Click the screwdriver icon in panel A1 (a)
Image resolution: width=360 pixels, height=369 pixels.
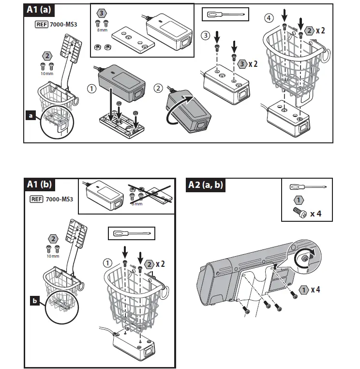click(224, 15)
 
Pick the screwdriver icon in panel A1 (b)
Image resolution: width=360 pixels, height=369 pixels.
click(131, 233)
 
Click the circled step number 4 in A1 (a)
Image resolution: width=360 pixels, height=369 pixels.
click(269, 18)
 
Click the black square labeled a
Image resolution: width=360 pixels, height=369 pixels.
click(31, 116)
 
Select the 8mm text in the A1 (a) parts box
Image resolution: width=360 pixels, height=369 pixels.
click(102, 31)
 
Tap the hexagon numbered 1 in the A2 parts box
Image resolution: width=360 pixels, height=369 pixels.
click(300, 200)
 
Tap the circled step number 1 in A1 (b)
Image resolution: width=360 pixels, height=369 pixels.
click(107, 263)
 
